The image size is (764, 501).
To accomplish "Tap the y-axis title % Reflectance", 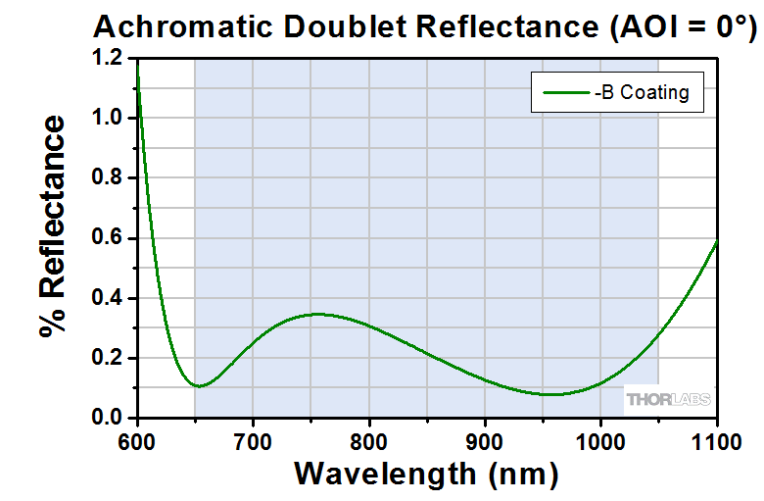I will (x=54, y=226).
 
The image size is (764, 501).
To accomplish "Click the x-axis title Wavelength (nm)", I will (x=426, y=474).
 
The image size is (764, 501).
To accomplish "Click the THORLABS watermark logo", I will (x=668, y=400).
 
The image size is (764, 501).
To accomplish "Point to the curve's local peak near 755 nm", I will (x=316, y=314).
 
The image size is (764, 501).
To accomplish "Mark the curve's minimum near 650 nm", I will (x=199, y=385).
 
